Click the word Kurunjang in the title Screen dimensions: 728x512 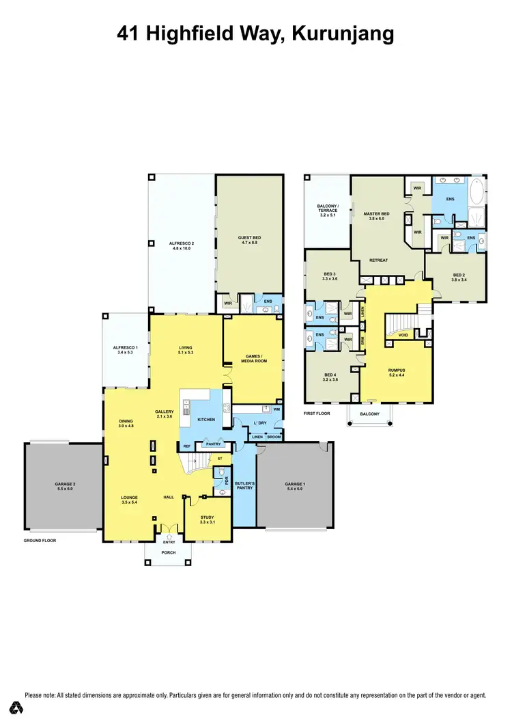point(343,33)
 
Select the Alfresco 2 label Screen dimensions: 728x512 point(182,245)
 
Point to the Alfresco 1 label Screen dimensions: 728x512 point(126,350)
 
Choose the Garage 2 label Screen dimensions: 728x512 point(65,487)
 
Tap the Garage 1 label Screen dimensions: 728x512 point(295,487)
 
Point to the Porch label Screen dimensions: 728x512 point(168,553)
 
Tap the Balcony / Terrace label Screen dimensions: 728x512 point(328,209)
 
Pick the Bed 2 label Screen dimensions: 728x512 point(459,278)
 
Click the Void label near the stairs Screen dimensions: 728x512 point(403,335)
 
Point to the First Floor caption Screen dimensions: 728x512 point(317,414)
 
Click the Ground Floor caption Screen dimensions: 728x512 point(40,540)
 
